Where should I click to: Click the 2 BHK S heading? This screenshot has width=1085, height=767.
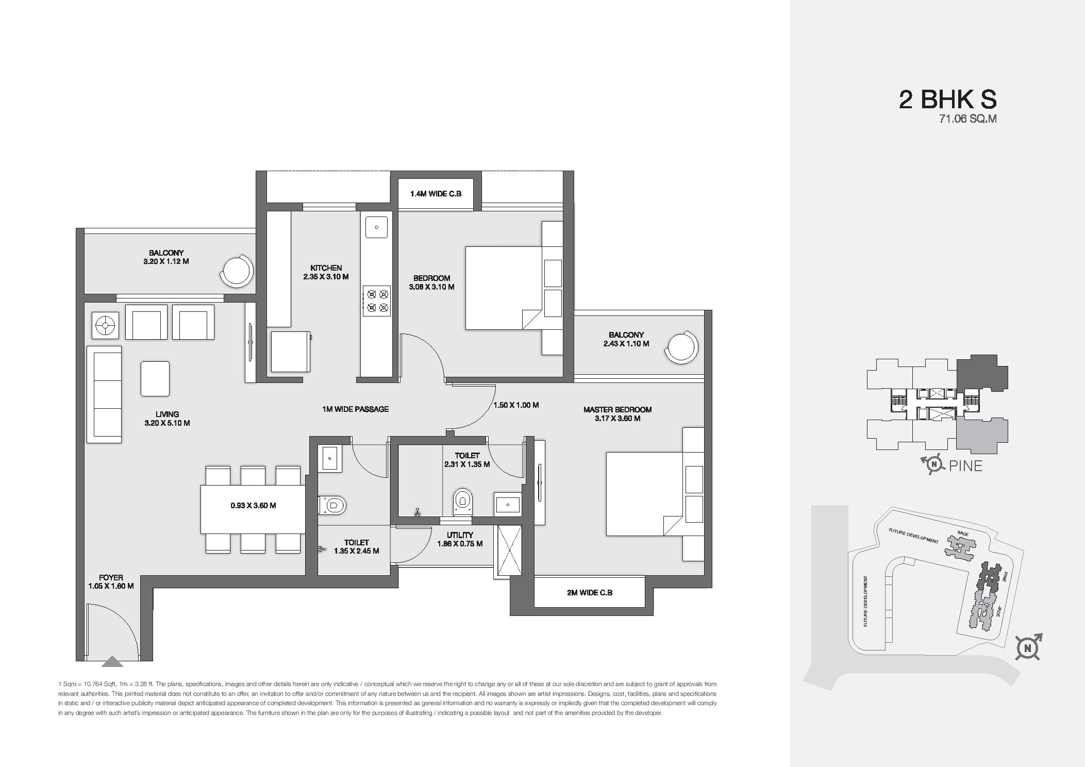(947, 99)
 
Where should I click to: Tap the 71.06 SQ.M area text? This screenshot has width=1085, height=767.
(967, 119)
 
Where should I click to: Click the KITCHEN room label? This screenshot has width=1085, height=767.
(326, 268)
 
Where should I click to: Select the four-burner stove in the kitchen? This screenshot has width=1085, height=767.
(376, 301)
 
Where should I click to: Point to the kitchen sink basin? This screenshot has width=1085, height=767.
(376, 227)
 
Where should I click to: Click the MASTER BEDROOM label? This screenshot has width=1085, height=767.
(617, 410)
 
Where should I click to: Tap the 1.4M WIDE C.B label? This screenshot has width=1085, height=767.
(436, 194)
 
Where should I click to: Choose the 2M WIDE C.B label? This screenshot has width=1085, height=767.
(589, 593)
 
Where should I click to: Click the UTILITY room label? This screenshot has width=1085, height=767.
(460, 535)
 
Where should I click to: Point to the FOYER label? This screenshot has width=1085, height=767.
(111, 578)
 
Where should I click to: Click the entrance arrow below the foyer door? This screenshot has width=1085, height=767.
(113, 661)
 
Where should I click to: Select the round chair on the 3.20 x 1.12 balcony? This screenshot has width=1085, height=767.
(237, 272)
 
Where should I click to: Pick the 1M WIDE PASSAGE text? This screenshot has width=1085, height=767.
(355, 409)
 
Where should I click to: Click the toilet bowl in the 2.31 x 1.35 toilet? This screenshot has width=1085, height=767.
(462, 501)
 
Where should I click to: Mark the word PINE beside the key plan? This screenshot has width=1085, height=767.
(965, 466)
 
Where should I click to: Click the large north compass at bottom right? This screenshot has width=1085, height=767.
(1028, 648)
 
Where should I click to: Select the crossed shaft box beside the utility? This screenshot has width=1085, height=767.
(508, 551)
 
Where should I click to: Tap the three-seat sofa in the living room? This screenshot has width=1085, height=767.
(104, 394)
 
